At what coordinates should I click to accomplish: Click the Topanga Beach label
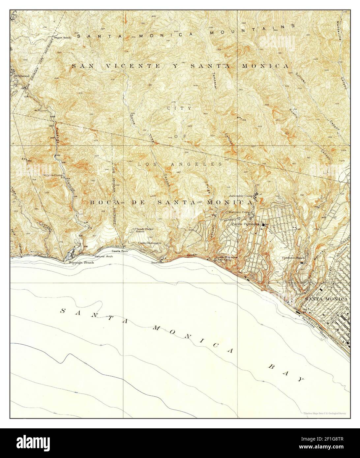click(81, 263)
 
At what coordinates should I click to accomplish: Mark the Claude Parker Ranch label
click(142, 230)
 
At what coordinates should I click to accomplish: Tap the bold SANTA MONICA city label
click(326, 299)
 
